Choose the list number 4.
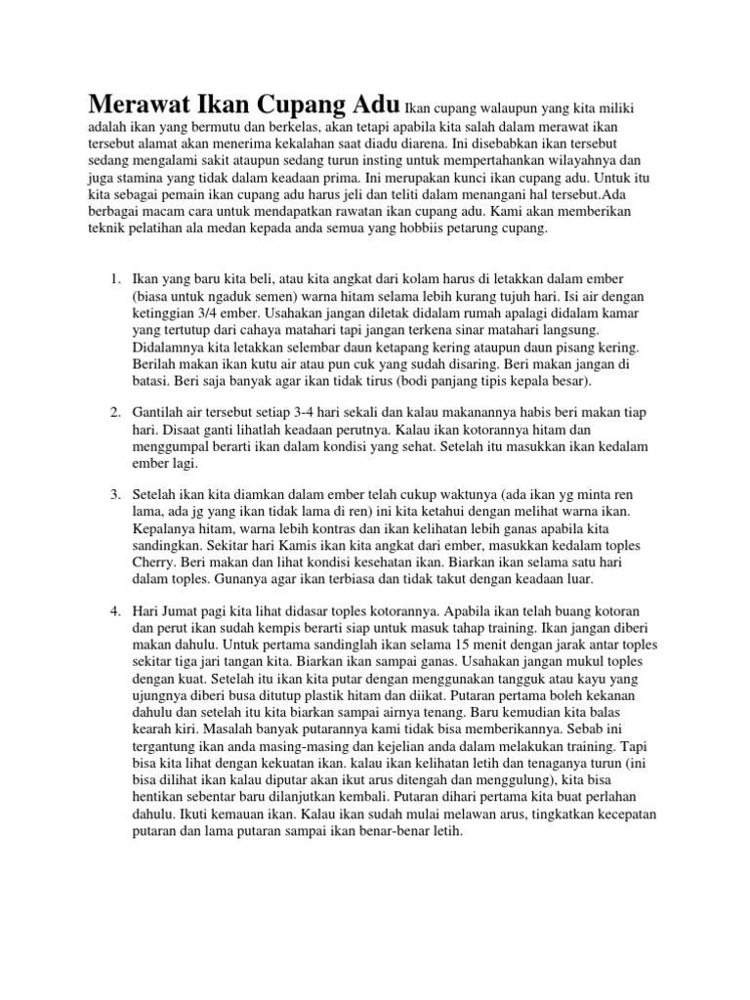click(112, 610)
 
